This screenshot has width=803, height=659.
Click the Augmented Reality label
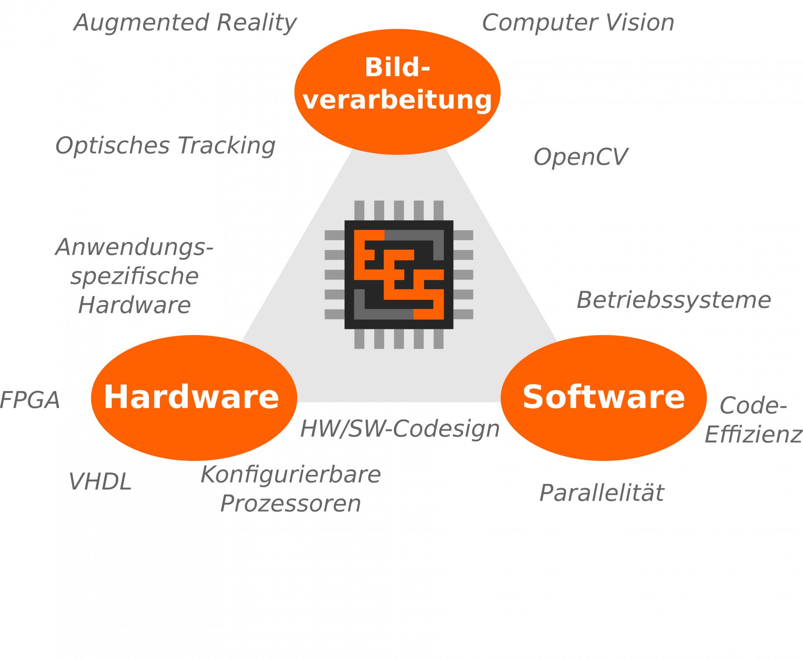[185, 23]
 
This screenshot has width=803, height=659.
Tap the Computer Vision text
[578, 23]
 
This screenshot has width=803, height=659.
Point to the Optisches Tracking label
[166, 145]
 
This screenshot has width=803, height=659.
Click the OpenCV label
[581, 157]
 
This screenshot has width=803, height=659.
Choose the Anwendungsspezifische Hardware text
[135, 276]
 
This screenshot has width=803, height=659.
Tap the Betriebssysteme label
[674, 300]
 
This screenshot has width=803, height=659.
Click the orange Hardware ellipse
[194, 397]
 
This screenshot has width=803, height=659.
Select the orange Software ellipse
[604, 397]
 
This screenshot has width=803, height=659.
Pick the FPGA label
[30, 400]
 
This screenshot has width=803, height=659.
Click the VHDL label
[100, 482]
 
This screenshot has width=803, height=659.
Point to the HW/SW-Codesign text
[400, 429]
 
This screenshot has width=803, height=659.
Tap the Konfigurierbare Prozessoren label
[291, 489]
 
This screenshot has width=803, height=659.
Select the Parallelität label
[601, 493]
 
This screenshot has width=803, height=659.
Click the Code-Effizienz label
[753, 420]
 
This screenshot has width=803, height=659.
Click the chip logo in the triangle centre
[399, 275]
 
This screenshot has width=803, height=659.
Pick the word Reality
[257, 23]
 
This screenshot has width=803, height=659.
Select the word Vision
[640, 23]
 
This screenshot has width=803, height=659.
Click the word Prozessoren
[291, 504]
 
